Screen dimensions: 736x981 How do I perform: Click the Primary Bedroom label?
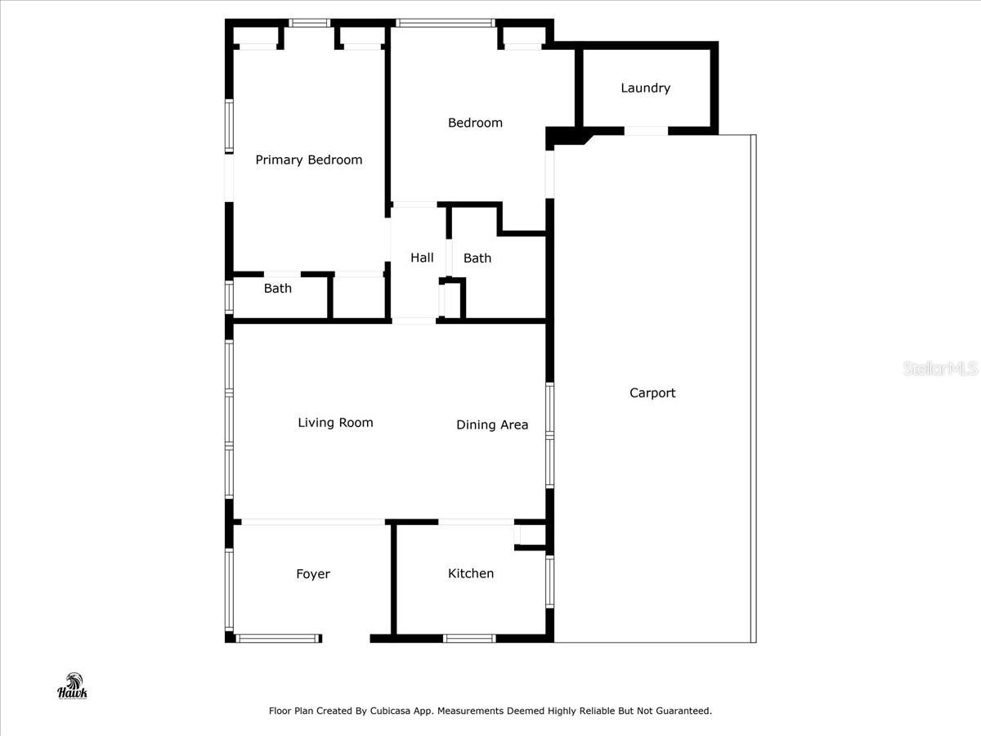coord(308,159)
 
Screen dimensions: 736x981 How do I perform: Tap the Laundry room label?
coord(645,88)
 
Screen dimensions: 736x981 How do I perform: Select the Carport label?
coord(652,393)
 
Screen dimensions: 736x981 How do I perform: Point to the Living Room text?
coord(335,422)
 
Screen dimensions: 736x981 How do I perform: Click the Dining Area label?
coord(492,424)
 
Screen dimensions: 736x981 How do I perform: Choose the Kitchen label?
coord(471,573)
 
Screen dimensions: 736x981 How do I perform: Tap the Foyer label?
coord(313,574)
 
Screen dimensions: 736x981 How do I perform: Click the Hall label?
coord(422,258)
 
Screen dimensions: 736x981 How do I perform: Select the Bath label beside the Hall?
coord(477,258)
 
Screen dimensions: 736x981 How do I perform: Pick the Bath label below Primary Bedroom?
coord(277,288)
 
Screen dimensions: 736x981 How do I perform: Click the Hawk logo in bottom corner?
coord(72,686)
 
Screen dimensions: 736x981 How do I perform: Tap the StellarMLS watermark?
coord(939,369)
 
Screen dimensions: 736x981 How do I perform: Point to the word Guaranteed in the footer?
coord(681,711)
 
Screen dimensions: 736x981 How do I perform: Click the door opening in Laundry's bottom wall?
coord(645,131)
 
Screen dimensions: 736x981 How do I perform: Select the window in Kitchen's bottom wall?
coord(469,638)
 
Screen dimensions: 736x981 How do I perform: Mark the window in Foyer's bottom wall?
coord(276,638)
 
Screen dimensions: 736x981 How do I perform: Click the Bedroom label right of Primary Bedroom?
coord(475,123)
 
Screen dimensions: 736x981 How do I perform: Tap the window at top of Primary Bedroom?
coord(310,23)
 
